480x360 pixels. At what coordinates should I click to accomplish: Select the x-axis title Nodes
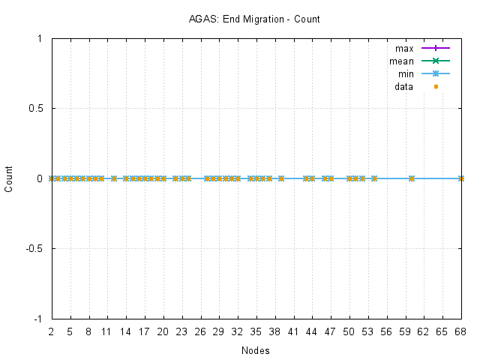point(255,350)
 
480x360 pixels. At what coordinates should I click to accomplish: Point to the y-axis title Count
point(9,178)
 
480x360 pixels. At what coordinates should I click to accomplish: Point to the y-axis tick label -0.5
point(33,248)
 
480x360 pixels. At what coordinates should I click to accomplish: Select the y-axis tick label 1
point(40,38)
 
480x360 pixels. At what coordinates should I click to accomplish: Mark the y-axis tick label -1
point(37,319)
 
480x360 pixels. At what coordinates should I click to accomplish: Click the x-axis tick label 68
point(460,331)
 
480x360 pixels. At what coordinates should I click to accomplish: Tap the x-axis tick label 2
point(52,331)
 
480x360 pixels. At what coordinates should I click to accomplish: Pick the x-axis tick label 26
point(200,331)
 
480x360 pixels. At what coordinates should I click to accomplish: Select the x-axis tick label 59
point(405,331)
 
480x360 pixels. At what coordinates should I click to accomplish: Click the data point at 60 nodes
point(411,178)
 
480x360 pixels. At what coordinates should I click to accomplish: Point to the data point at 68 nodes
point(460,178)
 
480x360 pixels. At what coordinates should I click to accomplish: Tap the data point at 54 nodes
point(374,178)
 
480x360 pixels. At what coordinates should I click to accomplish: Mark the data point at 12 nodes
point(114,178)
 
